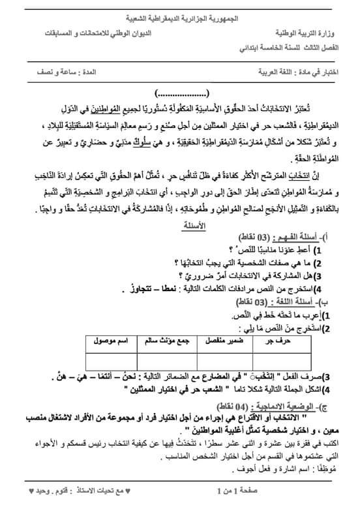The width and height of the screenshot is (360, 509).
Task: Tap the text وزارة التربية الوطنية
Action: point(310,31)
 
